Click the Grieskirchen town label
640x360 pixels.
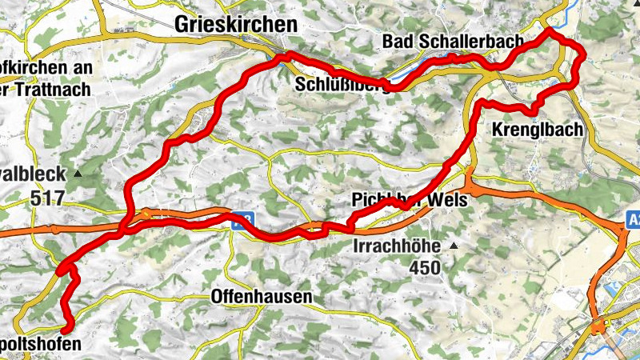pyautogui.click(x=235, y=25)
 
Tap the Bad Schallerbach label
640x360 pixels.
pyautogui.click(x=453, y=41)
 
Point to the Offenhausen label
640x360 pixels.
pyautogui.click(x=261, y=297)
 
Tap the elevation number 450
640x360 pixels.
pyautogui.click(x=423, y=268)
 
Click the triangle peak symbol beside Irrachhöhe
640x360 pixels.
pyautogui.click(x=454, y=246)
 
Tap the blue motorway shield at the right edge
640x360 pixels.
pyautogui.click(x=633, y=218)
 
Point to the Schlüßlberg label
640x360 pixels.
pyautogui.click(x=342, y=85)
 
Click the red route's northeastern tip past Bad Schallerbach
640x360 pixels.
pyautogui.click(x=549, y=33)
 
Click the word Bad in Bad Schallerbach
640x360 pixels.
pyautogui.click(x=401, y=41)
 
